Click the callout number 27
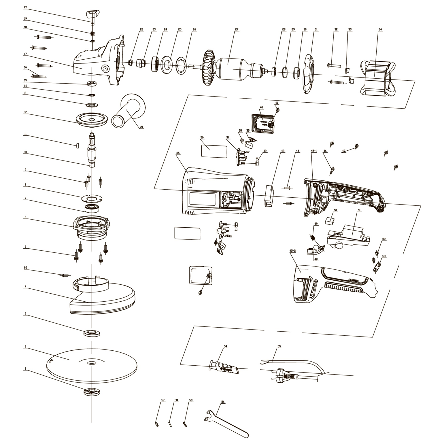tap(237, 29)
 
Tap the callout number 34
tap(380, 29)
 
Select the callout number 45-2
tap(292, 251)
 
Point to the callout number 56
tap(223, 402)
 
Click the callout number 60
tap(25, 268)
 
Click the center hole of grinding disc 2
tap(92, 362)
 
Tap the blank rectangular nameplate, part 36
tap(213, 151)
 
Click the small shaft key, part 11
tap(77, 146)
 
